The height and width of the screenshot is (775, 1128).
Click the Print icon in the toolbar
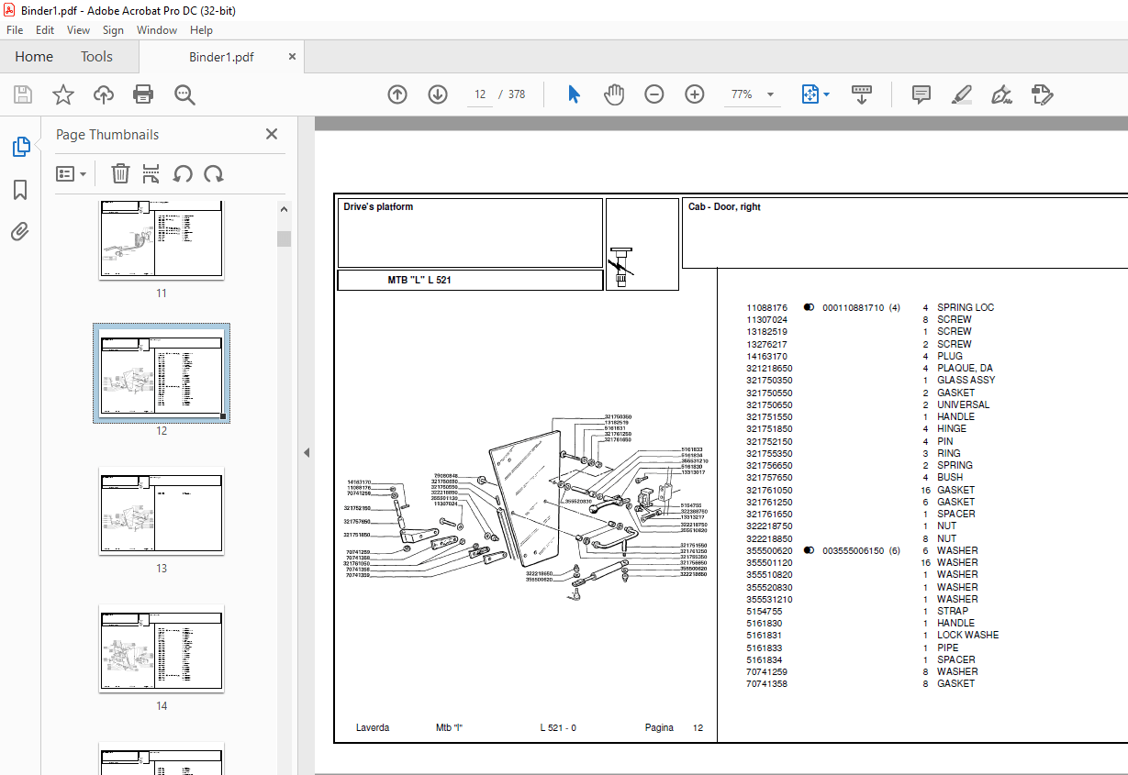click(143, 94)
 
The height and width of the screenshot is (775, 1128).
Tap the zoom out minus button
click(653, 94)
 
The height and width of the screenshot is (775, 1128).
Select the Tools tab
click(96, 57)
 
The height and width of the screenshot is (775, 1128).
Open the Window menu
click(157, 30)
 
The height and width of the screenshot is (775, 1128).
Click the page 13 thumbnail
click(162, 510)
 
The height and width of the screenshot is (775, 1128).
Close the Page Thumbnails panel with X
click(272, 134)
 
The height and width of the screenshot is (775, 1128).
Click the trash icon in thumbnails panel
click(120, 173)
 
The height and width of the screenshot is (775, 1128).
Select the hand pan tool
click(613, 94)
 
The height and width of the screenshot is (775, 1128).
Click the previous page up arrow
click(397, 94)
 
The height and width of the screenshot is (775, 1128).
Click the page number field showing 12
click(480, 94)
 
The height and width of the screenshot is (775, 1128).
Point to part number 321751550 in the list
click(769, 416)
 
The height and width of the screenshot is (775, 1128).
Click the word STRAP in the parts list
click(952, 611)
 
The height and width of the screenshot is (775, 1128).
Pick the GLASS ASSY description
click(966, 380)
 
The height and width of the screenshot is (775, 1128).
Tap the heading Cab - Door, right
click(724, 207)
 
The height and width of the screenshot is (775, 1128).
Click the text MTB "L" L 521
click(419, 281)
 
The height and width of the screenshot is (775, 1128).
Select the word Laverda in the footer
click(373, 727)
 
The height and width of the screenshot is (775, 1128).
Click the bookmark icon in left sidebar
click(20, 190)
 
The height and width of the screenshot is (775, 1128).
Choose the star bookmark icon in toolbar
click(63, 94)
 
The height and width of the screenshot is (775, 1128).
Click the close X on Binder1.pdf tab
click(293, 57)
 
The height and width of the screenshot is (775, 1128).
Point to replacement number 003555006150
click(853, 550)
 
